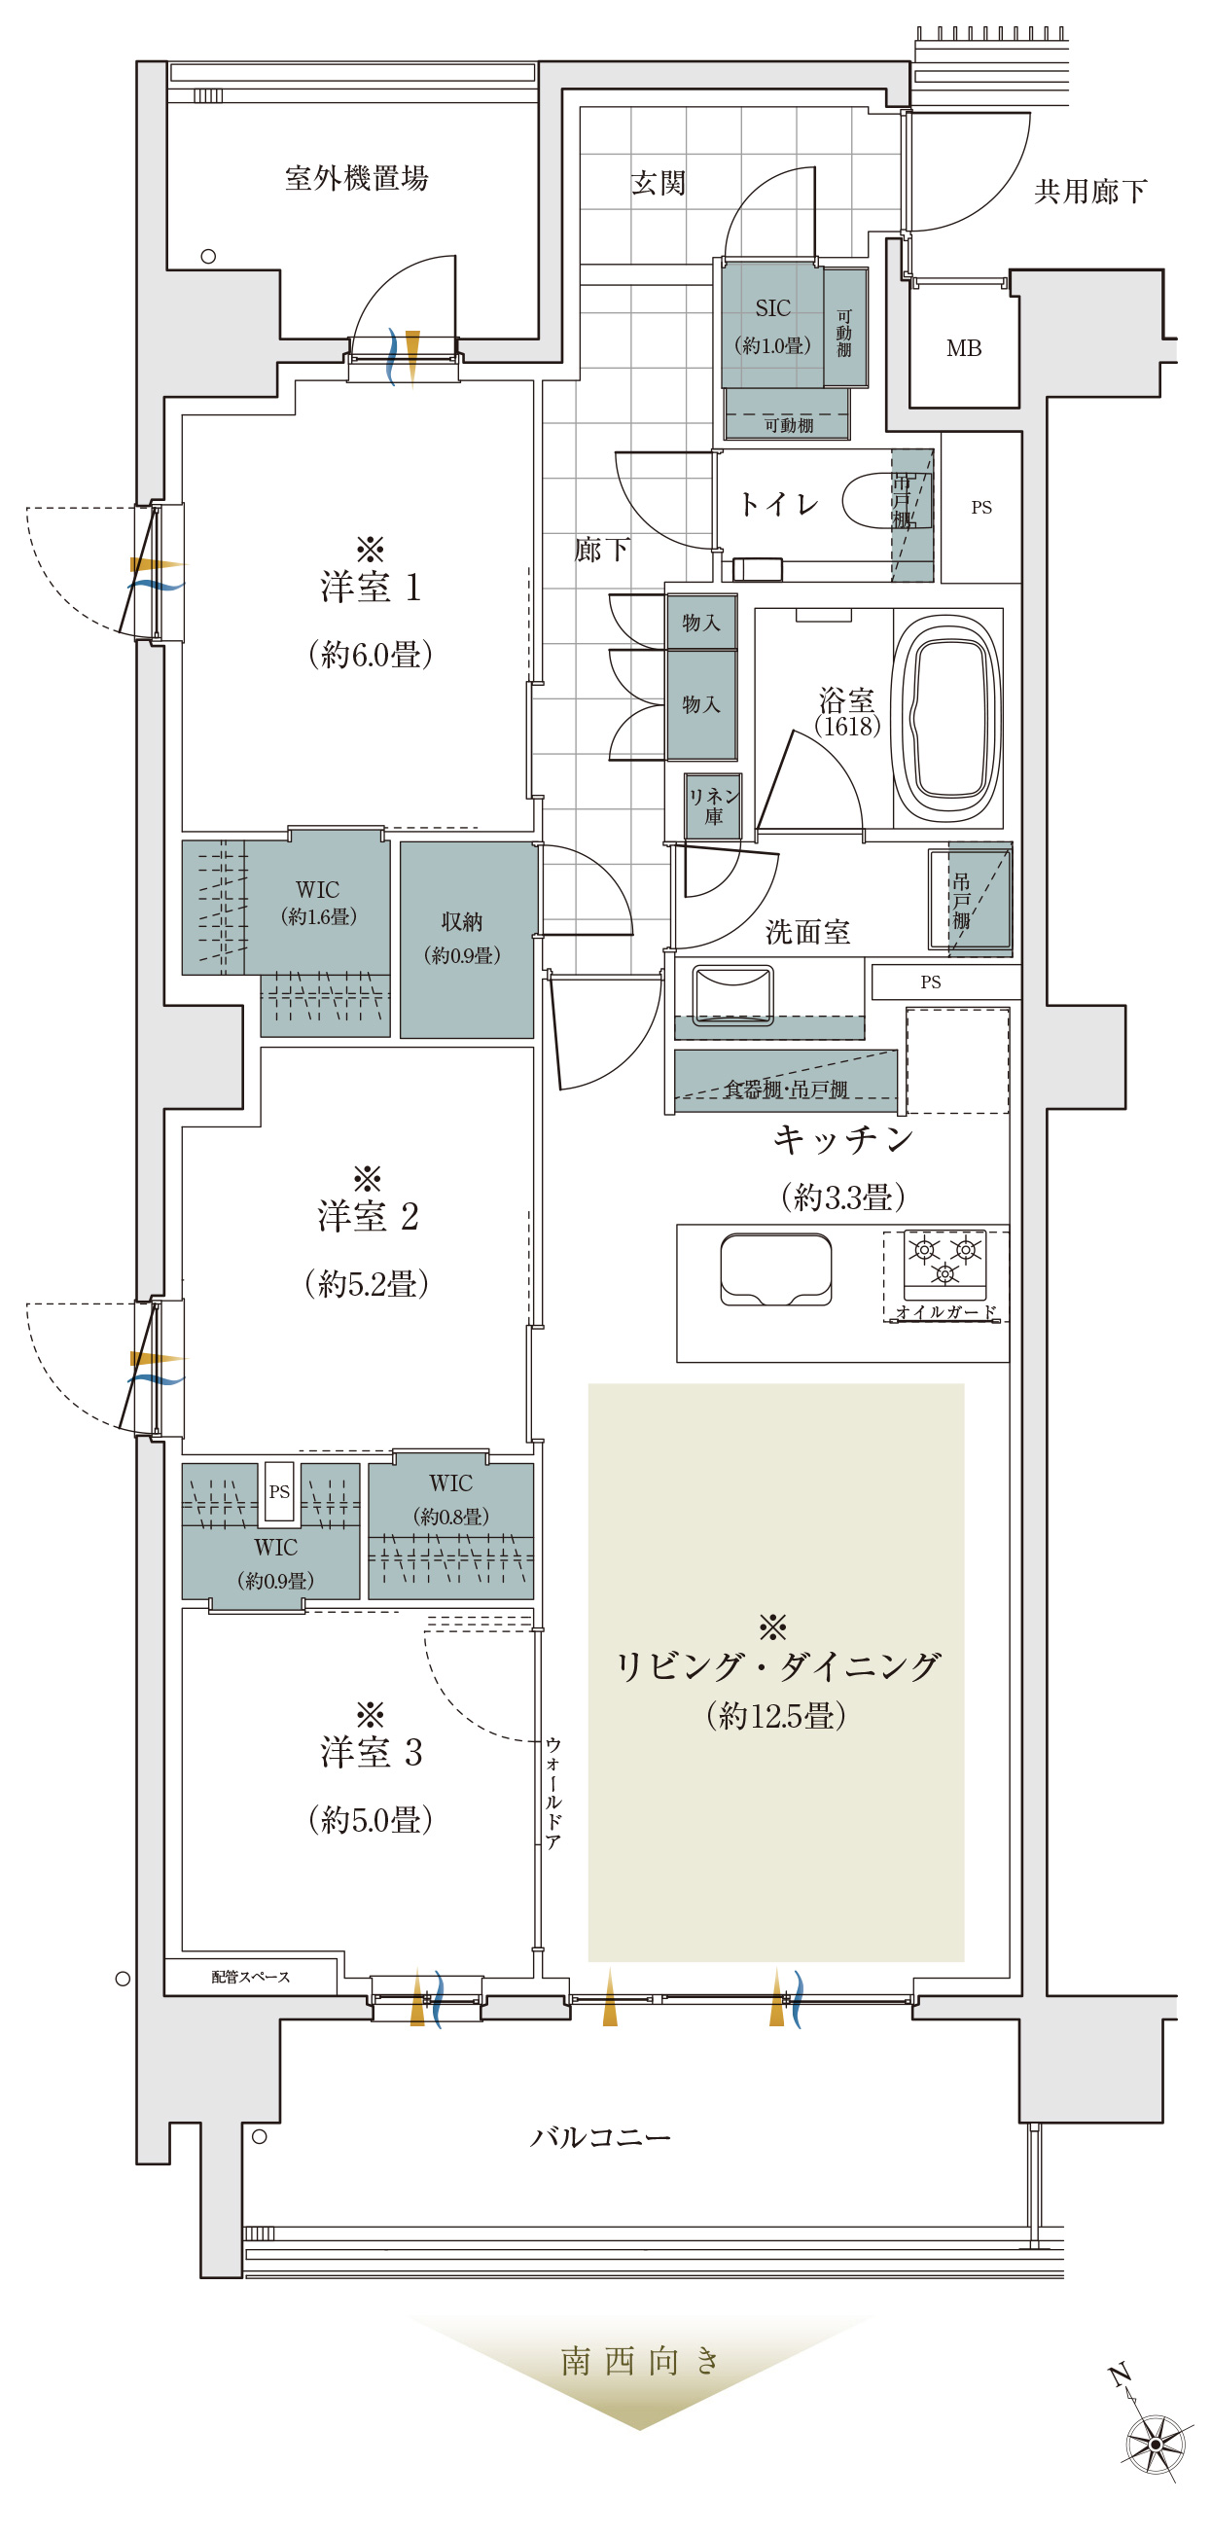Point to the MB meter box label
tap(964, 348)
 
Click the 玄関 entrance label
tap(658, 183)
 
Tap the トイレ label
tap(779, 505)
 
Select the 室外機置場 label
tap(356, 178)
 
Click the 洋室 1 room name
tap(372, 587)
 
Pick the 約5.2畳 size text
tap(368, 1284)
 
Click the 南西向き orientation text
tap(641, 2361)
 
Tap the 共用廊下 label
tap(1089, 191)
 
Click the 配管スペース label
tap(251, 1977)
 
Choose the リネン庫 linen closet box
tap(714, 806)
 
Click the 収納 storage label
tap(462, 921)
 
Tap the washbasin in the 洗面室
tap(732, 994)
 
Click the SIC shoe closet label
tap(773, 308)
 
